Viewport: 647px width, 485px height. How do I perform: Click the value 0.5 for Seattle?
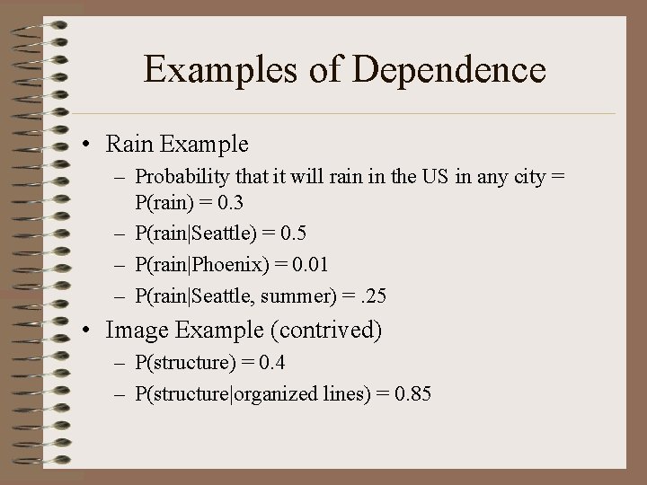[x=293, y=234]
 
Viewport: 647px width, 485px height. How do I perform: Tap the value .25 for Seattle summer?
[x=381, y=296]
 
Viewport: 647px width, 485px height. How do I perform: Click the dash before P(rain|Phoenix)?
[x=120, y=265]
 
